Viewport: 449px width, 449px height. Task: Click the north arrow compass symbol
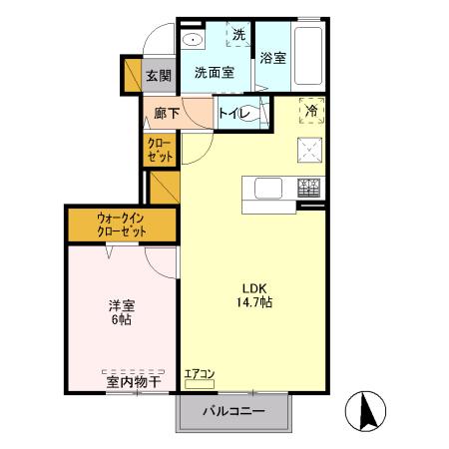coord(365,411)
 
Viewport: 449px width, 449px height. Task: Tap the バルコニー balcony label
coord(233,411)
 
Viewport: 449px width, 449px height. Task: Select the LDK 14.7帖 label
coord(254,295)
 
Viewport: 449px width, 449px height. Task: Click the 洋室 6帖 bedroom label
coord(122,312)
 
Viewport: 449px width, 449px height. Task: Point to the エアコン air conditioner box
coord(200,384)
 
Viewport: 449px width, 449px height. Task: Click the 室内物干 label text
coord(134,382)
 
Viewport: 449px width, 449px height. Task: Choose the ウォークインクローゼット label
coord(122,224)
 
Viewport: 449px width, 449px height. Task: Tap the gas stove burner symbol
coord(308,188)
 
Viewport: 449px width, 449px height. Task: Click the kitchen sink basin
coord(268,189)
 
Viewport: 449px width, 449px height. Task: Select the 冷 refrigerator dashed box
coord(311,111)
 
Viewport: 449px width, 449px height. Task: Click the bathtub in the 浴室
coord(308,56)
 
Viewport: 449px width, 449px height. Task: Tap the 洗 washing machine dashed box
coord(238,34)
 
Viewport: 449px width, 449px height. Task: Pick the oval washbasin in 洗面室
coord(193,40)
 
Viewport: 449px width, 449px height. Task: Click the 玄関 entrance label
coord(159,76)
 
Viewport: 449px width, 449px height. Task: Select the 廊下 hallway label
coord(167,113)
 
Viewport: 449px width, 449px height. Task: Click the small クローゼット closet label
coord(160,150)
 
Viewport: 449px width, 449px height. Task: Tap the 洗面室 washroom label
coord(215,72)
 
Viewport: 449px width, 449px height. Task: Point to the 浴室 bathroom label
coord(273,58)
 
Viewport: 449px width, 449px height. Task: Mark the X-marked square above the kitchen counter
coord(309,150)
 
